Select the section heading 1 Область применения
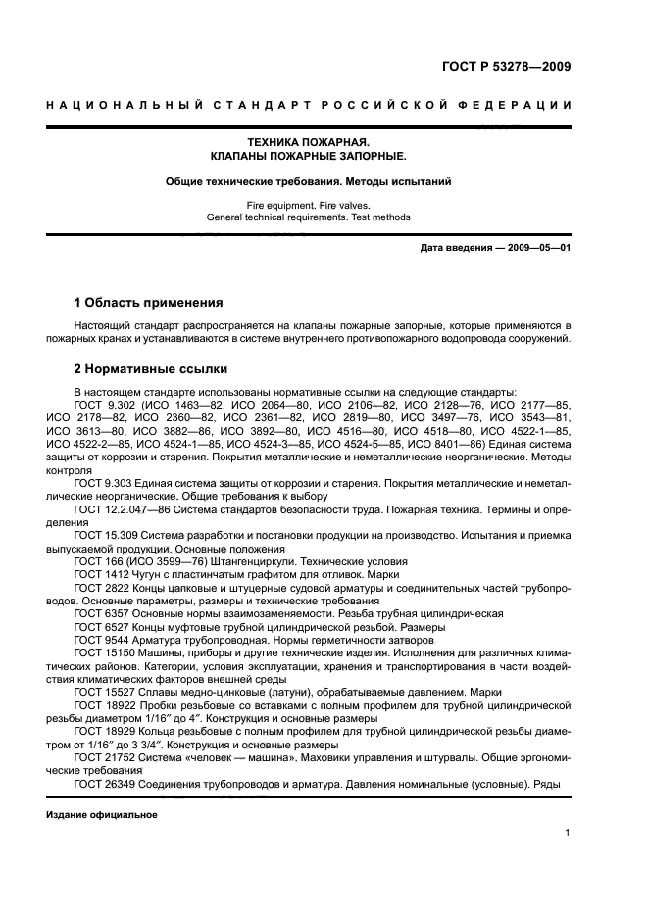pos(149,302)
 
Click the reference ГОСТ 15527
pos(103,689)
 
